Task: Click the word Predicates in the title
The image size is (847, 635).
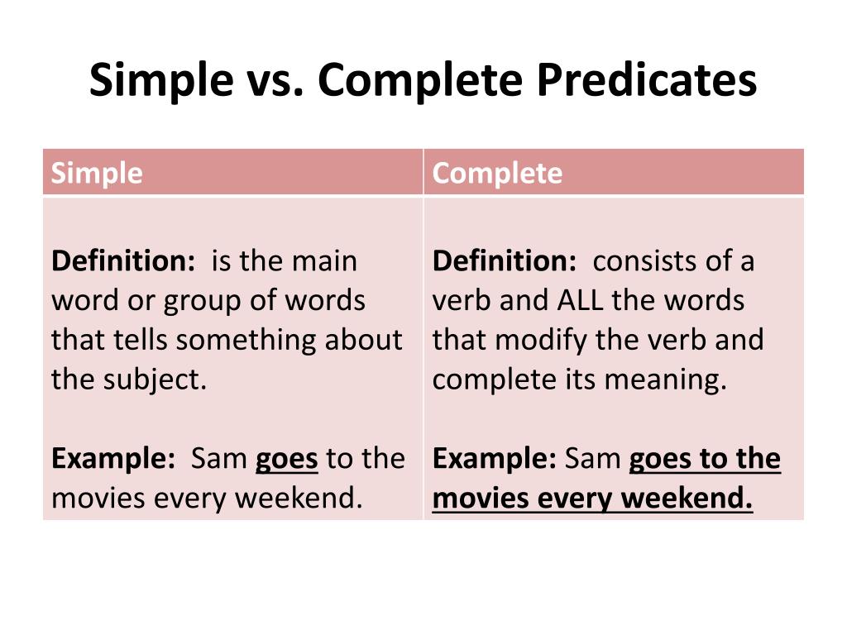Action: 646,81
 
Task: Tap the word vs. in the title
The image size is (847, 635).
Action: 274,81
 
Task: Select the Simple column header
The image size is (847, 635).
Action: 97,174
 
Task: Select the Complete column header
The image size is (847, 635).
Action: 497,174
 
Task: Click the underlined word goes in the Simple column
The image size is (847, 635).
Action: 286,459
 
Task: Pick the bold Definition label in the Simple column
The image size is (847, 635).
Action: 122,261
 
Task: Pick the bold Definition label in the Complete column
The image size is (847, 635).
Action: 504,261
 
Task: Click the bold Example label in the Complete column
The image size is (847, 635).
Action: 494,459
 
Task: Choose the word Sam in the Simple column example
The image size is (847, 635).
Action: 219,459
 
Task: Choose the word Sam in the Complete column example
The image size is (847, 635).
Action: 593,459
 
